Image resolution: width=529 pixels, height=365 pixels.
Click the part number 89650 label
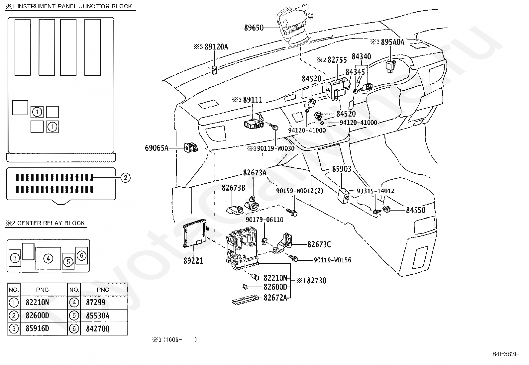tap(254, 28)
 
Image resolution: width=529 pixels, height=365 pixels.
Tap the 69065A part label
tap(157, 148)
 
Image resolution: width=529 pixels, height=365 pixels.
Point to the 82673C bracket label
tap(319, 244)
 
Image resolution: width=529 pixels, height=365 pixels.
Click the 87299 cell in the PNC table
tap(96, 303)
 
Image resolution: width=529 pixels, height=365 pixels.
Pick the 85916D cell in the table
tap(37, 328)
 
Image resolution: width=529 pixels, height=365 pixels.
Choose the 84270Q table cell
tap(98, 329)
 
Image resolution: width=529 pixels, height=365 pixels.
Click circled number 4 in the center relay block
tap(48, 258)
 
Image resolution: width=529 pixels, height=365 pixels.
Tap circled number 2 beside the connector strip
tap(125, 178)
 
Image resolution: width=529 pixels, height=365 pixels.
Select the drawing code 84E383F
tap(506, 354)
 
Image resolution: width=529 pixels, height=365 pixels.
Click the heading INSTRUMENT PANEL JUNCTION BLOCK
tap(75, 6)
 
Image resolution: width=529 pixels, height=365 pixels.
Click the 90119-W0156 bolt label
tap(332, 260)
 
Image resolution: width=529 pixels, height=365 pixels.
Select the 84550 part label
tap(416, 210)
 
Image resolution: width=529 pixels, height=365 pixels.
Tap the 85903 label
tap(342, 169)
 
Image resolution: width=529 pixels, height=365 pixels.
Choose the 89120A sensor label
tap(216, 47)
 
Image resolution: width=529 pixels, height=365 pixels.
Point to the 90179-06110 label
tap(264, 220)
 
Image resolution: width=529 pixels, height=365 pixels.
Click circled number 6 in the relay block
tap(81, 255)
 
